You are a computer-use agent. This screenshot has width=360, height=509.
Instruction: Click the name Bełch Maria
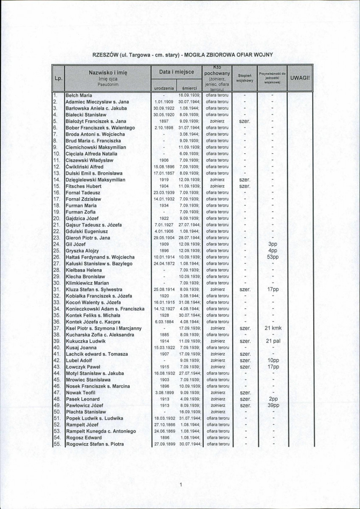coord(79,96)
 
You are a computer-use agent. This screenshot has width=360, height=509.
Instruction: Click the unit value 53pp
coord(273,257)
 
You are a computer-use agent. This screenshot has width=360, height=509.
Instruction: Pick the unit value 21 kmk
coord(273,328)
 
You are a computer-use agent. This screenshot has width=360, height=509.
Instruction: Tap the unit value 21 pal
coord(273,341)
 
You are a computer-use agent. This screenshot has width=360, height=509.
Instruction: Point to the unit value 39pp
coord(273,405)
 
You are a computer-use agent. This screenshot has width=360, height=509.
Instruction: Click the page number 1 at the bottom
coord(180,484)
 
